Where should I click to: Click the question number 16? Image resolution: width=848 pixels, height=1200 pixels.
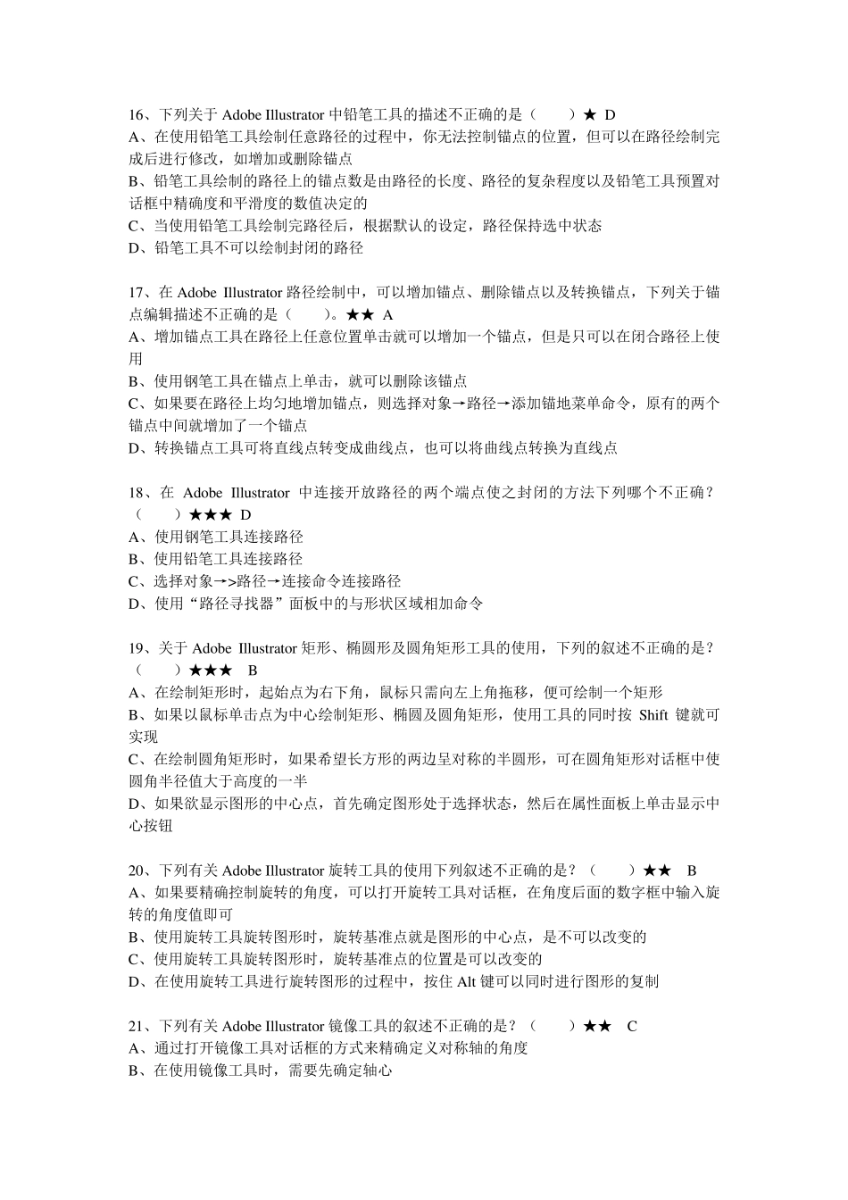click(x=137, y=115)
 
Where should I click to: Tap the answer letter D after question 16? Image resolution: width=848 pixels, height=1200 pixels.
click(x=611, y=115)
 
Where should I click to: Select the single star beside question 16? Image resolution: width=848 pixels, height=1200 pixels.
click(x=589, y=115)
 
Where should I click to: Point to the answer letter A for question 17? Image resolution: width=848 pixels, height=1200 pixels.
click(x=388, y=315)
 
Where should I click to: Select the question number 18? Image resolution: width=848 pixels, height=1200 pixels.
click(x=137, y=493)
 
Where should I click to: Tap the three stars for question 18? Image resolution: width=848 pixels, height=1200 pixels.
click(x=212, y=515)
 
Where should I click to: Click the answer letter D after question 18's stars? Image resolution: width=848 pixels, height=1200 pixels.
click(x=246, y=515)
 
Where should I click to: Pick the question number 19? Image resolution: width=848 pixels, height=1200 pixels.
click(x=137, y=648)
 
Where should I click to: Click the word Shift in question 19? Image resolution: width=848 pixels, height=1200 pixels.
click(x=653, y=715)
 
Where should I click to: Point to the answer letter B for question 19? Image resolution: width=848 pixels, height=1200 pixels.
click(x=253, y=671)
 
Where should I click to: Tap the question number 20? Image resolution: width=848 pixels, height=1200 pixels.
click(x=137, y=871)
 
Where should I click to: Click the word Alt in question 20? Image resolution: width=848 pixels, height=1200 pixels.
click(x=466, y=982)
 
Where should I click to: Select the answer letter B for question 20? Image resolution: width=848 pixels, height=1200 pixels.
click(x=692, y=871)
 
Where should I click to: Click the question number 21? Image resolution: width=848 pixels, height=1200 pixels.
click(x=137, y=1026)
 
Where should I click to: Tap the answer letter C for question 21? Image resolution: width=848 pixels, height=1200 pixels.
click(x=632, y=1026)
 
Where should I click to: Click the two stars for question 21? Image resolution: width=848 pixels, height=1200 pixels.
click(x=597, y=1026)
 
